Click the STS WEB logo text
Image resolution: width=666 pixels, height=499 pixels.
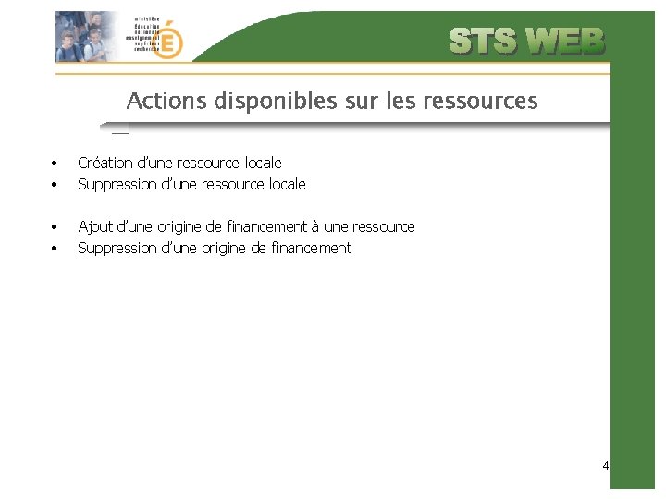(527, 42)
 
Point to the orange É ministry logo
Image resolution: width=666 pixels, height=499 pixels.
(168, 41)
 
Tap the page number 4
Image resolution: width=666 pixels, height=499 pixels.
(605, 466)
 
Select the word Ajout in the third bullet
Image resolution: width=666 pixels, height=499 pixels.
(93, 226)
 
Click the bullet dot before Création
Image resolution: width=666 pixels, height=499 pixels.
(55, 164)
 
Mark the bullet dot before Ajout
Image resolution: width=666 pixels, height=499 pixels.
(55, 227)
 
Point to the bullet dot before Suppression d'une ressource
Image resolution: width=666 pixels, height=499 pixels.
(55, 185)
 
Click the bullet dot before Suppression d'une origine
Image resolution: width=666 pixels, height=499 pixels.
(55, 249)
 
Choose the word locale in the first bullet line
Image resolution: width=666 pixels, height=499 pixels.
(263, 163)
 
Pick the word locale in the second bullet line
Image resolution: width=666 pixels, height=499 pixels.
(287, 184)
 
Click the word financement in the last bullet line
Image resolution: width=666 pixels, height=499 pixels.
(310, 248)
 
